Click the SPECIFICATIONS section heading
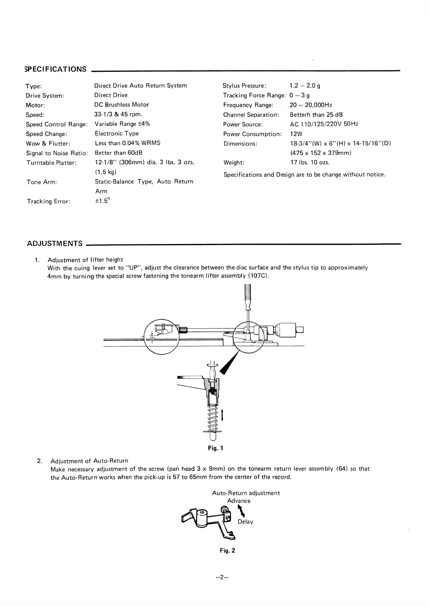pyautogui.click(x=56, y=69)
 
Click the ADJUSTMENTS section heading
pyautogui.click(x=55, y=243)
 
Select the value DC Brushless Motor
pyautogui.click(x=122, y=105)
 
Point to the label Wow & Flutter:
pyautogui.click(x=48, y=144)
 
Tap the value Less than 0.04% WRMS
pyautogui.click(x=127, y=143)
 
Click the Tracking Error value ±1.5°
pyautogui.click(x=102, y=201)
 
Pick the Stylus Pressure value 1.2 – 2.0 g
pyautogui.click(x=305, y=86)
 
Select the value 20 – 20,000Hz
pyautogui.click(x=311, y=105)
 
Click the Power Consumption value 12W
pyautogui.click(x=296, y=134)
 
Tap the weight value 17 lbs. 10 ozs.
pyautogui.click(x=310, y=162)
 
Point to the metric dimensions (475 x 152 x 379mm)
pyautogui.click(x=321, y=153)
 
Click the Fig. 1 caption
pyautogui.click(x=215, y=448)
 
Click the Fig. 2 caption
pyautogui.click(x=227, y=551)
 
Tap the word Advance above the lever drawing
pyautogui.click(x=239, y=501)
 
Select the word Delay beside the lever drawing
pyautogui.click(x=245, y=522)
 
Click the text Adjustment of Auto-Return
pyautogui.click(x=89, y=461)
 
